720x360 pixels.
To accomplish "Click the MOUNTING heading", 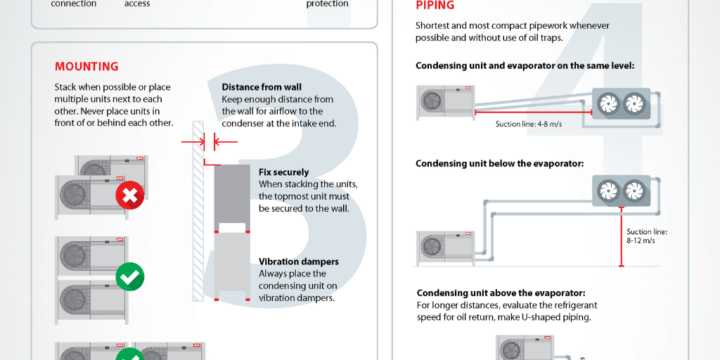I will (86, 67).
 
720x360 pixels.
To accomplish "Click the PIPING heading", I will (435, 6).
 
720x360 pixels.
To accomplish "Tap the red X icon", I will (129, 195).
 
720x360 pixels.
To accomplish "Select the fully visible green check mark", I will (129, 276).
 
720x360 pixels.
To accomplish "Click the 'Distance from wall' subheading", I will (262, 87).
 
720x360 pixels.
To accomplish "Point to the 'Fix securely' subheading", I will (283, 172).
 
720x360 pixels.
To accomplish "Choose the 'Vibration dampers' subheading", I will (298, 262).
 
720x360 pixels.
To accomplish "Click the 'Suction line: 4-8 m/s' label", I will (528, 124).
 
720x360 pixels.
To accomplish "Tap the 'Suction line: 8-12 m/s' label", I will (646, 236).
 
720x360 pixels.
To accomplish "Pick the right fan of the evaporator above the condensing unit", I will (634, 189).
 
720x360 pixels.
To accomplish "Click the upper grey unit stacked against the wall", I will (231, 196).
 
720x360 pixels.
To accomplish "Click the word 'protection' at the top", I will (327, 4).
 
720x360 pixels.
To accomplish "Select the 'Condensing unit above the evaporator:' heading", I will (501, 293).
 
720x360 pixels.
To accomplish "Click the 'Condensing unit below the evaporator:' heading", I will (500, 164).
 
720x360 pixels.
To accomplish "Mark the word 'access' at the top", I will (137, 4).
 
